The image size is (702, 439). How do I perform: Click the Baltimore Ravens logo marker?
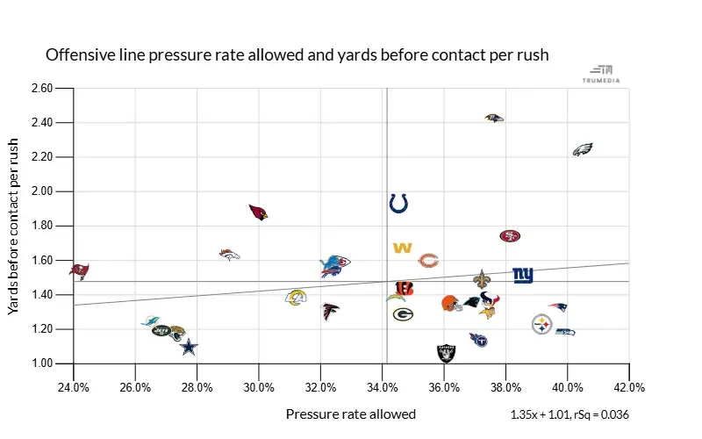point(494,118)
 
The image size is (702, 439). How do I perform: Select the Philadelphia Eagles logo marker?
point(583,150)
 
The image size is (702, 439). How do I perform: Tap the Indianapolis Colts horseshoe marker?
point(398,204)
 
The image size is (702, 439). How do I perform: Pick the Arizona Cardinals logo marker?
point(258,212)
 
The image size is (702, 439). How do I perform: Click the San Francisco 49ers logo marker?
point(510,236)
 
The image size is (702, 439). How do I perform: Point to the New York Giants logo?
point(523,275)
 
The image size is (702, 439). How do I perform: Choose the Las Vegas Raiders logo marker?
point(448,353)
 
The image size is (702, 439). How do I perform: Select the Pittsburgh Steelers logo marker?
point(542,325)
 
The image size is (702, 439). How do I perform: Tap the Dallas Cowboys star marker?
point(189,347)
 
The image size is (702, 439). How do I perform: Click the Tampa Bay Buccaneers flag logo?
point(79,269)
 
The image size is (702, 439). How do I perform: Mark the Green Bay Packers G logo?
point(403,313)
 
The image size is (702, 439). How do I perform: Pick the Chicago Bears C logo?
point(428,260)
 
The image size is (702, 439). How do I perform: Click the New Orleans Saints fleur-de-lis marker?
point(482,279)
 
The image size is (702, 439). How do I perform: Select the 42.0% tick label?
point(630,387)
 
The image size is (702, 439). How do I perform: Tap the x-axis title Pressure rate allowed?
point(351,414)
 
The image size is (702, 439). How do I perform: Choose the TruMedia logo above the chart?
point(601,74)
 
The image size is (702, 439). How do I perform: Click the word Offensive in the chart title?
point(76,55)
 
